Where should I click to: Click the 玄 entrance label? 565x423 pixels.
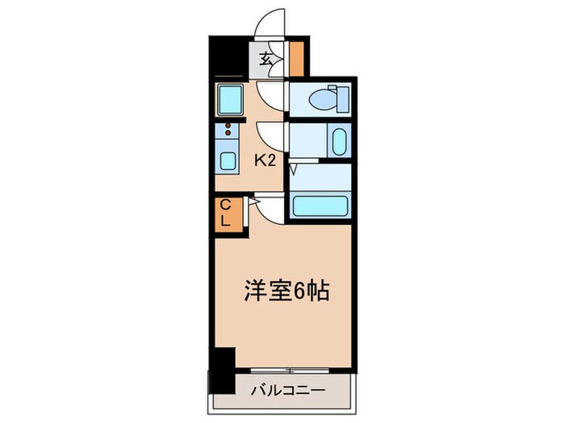point(266,57)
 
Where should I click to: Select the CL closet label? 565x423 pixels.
point(226,213)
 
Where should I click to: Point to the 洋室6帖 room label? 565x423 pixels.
point(287,290)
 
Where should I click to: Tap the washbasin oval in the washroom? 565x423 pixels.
point(338,143)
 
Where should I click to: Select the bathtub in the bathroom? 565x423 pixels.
point(321,205)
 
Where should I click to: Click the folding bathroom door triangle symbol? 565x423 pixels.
point(294,169)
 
